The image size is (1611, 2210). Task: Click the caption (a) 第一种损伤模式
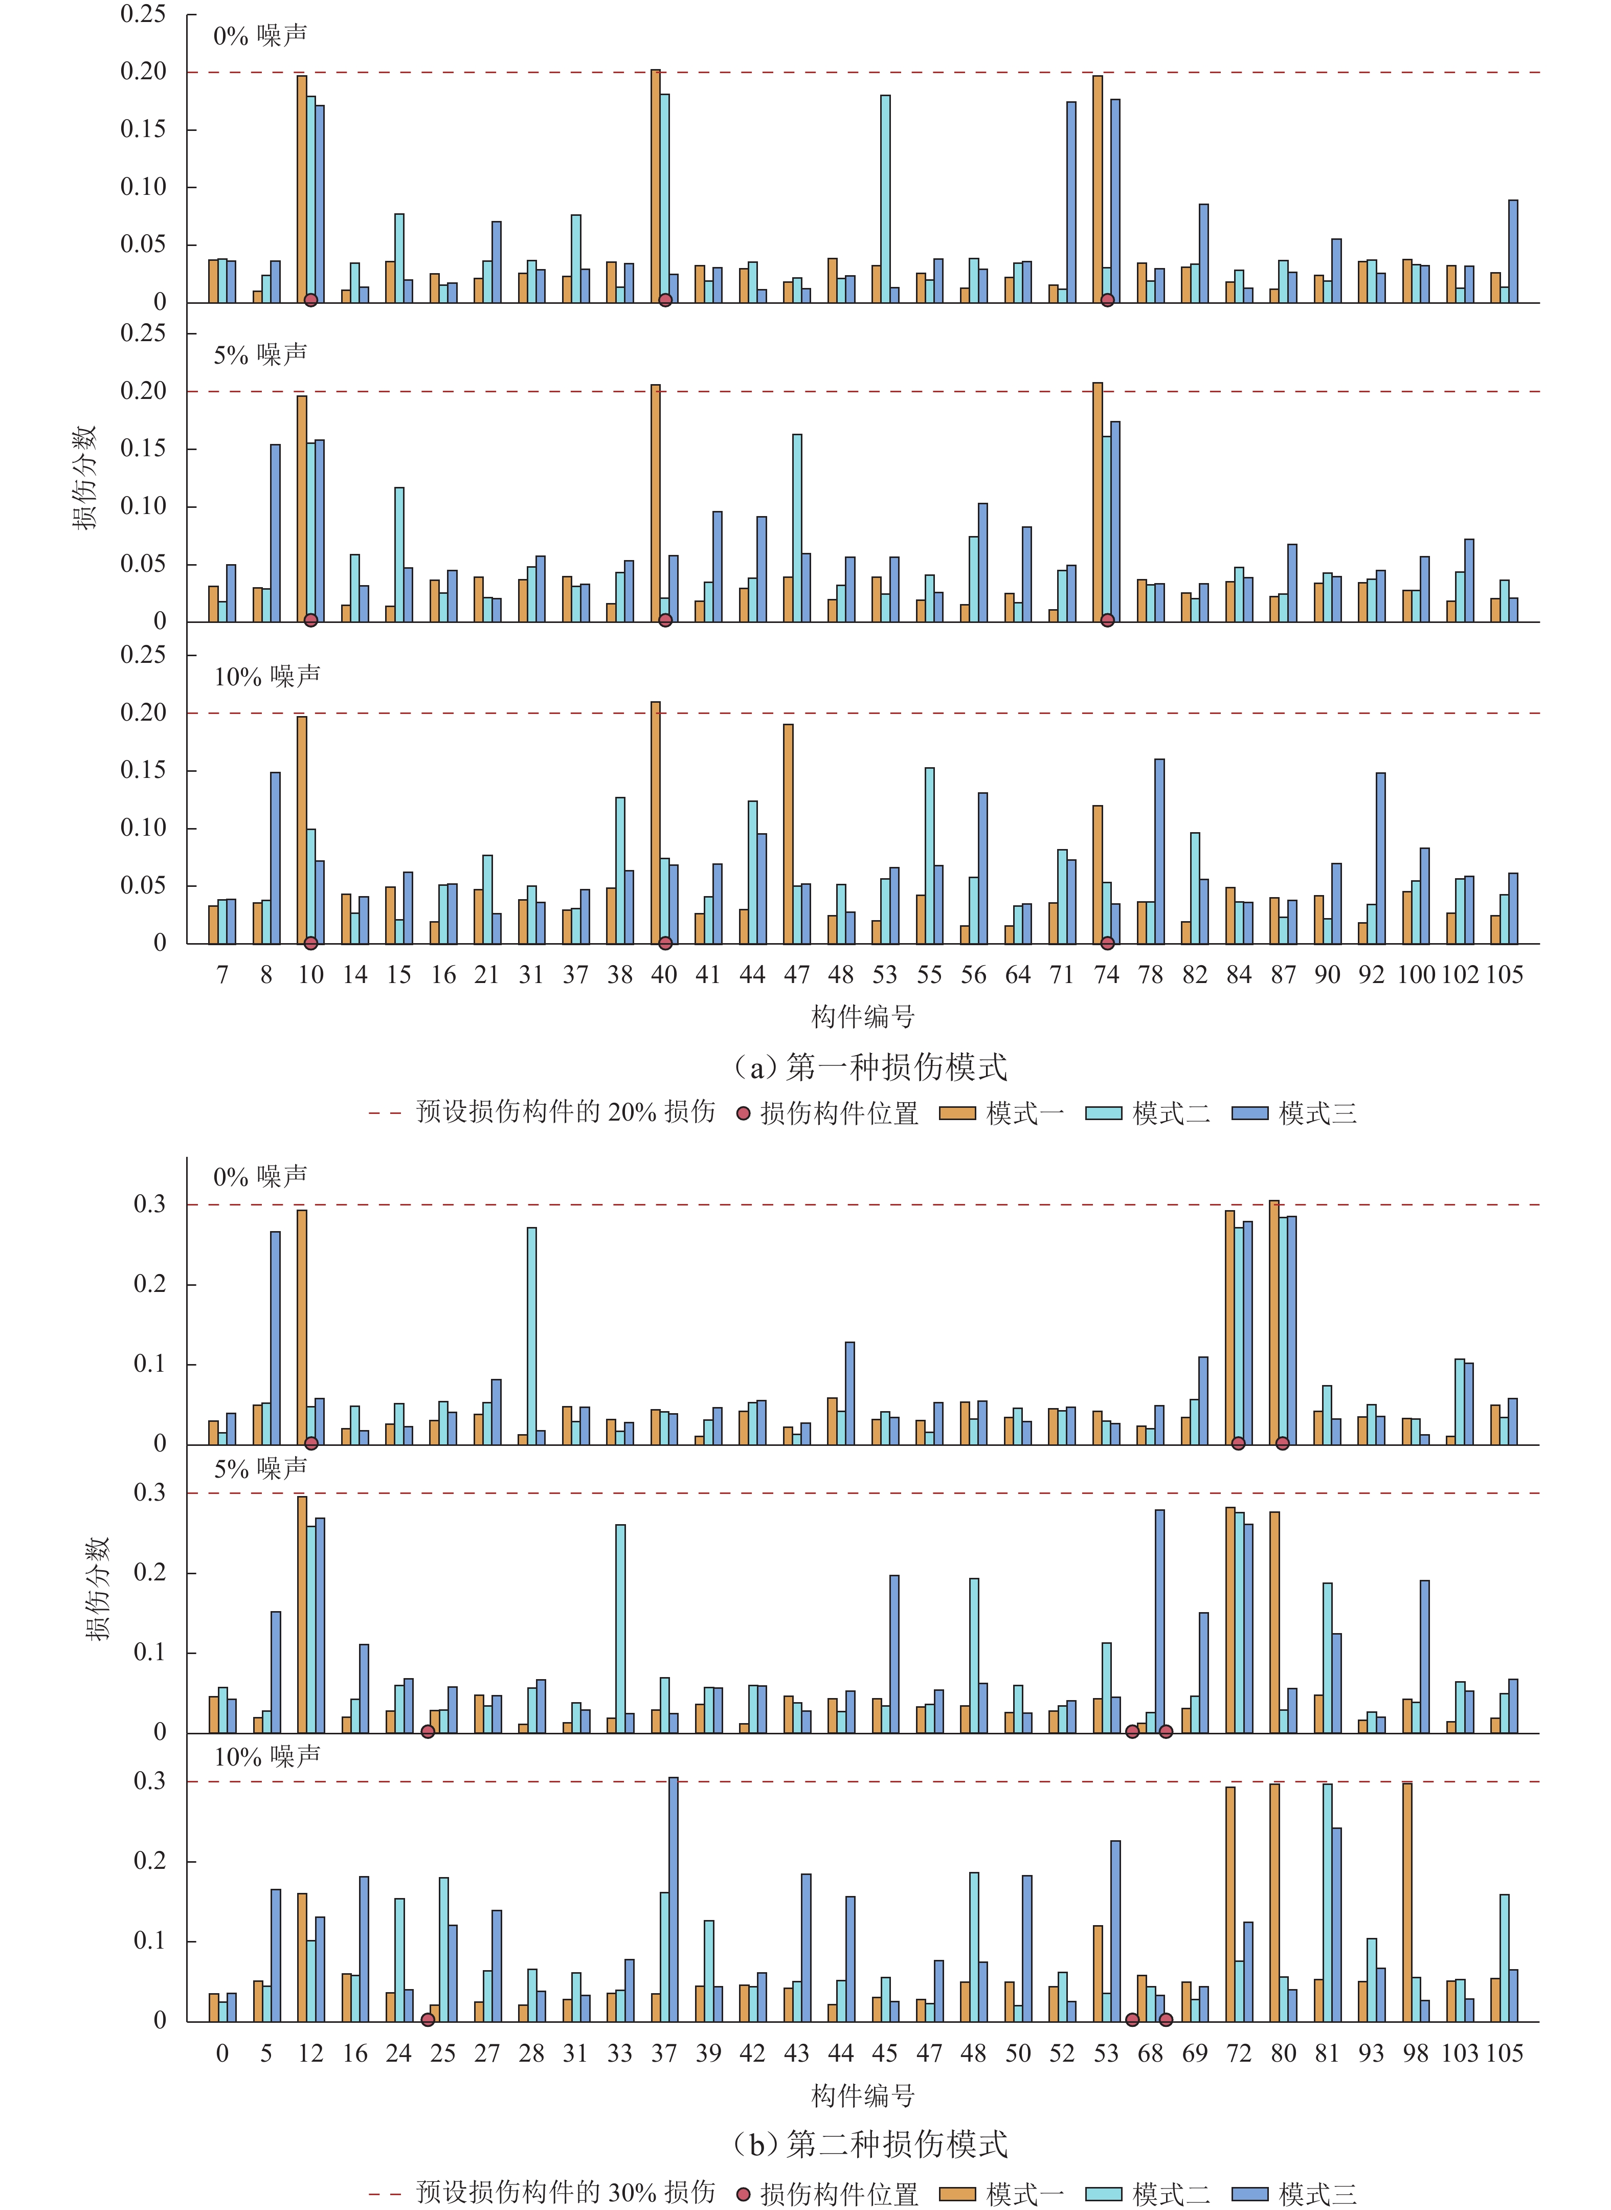[870, 1067]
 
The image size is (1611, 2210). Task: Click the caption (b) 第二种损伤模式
[870, 2144]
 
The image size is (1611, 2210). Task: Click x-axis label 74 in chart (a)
[1106, 974]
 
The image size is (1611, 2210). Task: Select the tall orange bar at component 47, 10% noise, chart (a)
[788, 834]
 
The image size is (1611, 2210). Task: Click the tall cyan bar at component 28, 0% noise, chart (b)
[531, 1335]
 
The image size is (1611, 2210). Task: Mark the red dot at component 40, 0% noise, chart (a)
[665, 300]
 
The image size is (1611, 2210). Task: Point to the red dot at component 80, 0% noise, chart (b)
[1282, 1443]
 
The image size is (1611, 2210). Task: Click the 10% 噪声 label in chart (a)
[267, 676]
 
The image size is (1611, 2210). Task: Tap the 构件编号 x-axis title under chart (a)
[863, 1017]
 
